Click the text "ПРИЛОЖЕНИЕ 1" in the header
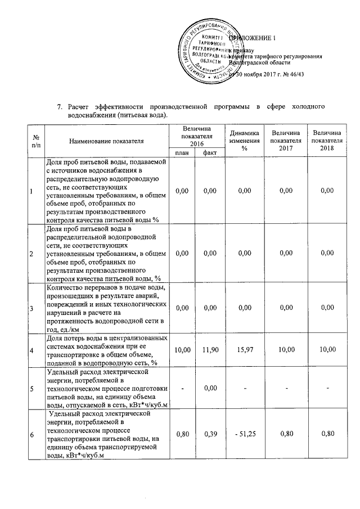[257, 37]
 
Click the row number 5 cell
[31, 388]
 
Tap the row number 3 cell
[31, 308]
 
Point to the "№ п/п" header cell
[35, 141]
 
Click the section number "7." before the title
[61, 106]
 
